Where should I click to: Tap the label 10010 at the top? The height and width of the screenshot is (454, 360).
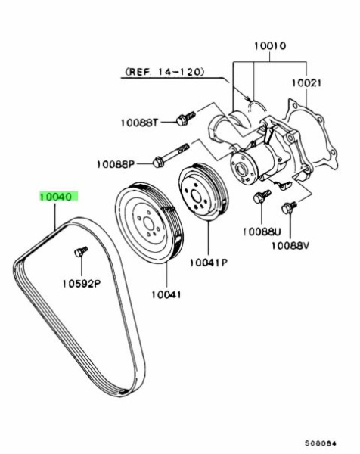[270, 45]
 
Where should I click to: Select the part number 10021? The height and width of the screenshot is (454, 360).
[306, 83]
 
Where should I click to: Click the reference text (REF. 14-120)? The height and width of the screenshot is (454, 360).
[163, 72]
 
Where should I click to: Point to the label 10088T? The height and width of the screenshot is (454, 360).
[139, 123]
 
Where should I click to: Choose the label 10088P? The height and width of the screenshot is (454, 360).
[116, 164]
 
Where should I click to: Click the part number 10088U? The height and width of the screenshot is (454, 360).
[262, 232]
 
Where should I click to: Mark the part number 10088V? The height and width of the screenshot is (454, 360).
[290, 246]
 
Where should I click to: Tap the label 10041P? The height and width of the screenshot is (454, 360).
[208, 263]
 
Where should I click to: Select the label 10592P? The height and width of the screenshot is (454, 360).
[82, 284]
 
